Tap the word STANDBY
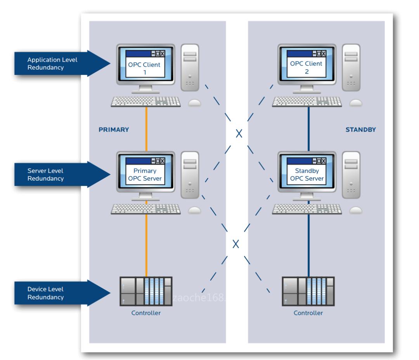pos(360,130)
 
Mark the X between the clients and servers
pos(239,134)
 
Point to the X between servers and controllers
pos(235,244)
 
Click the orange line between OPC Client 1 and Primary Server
pos(146,128)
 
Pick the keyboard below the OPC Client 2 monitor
pos(307,101)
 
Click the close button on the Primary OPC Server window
pos(162,161)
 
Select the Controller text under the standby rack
pos(308,313)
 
